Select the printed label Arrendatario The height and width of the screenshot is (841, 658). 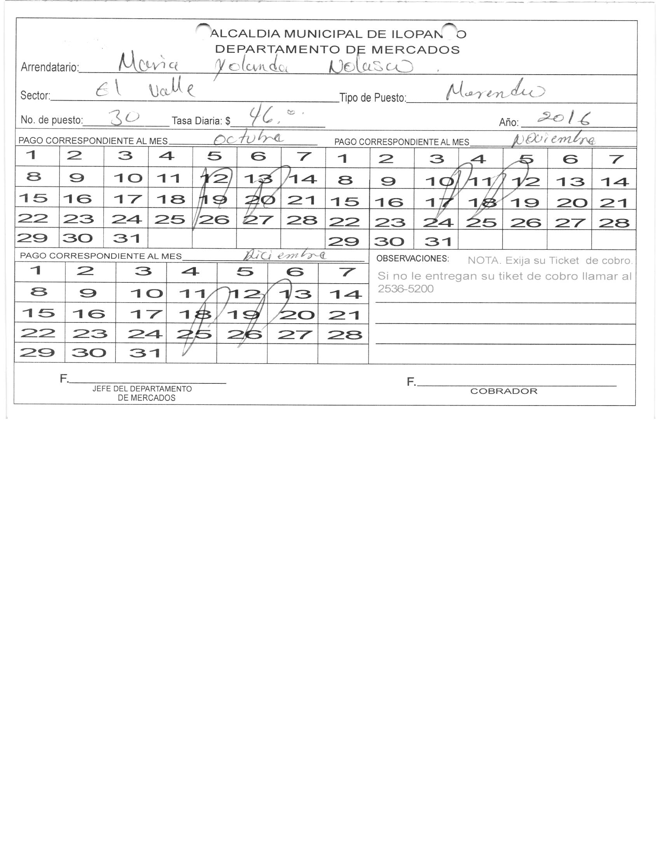click(49, 67)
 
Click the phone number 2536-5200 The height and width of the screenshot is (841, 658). click(405, 289)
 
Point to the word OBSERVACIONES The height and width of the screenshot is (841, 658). click(412, 259)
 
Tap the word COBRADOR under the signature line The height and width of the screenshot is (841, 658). click(504, 391)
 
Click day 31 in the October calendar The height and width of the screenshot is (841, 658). click(126, 238)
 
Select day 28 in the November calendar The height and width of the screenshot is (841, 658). click(614, 223)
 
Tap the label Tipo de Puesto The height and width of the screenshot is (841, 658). click(372, 98)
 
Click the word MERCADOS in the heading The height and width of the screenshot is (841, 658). click(415, 50)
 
